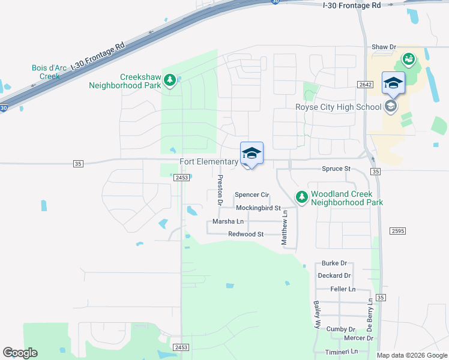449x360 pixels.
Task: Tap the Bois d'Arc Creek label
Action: (46, 72)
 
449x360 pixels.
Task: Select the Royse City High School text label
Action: (338, 107)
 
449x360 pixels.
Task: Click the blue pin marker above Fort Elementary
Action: (252, 154)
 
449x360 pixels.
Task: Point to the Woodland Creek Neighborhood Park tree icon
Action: (301, 197)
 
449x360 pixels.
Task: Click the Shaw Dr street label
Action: (384, 47)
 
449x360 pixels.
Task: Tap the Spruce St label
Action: (336, 169)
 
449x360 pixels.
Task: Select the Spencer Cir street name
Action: (252, 194)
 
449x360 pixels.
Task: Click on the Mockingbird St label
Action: (258, 208)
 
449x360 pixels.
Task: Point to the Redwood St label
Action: (246, 234)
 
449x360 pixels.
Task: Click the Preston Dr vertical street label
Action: (220, 190)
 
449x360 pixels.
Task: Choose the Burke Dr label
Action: (334, 263)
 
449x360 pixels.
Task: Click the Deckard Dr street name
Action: (334, 275)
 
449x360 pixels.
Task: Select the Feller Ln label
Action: (343, 289)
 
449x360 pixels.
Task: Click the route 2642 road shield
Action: (366, 85)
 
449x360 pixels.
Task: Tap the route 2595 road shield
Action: (397, 231)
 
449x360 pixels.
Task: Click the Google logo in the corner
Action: (20, 353)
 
